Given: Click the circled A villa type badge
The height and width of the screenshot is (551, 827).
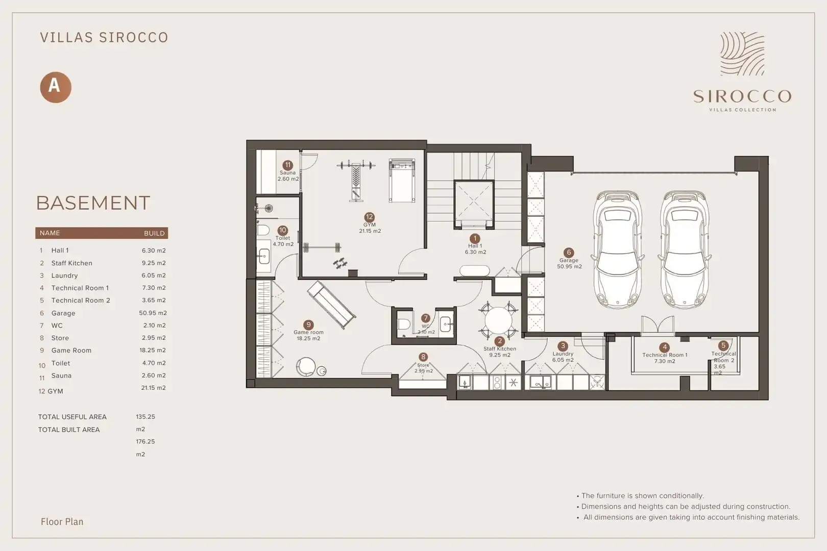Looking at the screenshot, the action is tap(55, 87).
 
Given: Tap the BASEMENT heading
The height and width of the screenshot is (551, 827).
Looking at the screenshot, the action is tap(93, 203).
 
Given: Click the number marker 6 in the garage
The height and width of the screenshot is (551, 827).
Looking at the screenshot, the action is tap(569, 253).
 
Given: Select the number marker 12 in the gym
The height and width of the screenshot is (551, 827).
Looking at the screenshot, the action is tap(369, 217).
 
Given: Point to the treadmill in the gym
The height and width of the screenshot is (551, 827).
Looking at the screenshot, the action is tap(402, 181).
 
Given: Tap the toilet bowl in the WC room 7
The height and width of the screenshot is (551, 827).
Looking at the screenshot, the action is tap(404, 324).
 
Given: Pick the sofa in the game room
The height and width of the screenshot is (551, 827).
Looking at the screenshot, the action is tap(331, 305).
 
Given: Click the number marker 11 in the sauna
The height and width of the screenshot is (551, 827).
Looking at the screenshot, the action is tap(287, 165).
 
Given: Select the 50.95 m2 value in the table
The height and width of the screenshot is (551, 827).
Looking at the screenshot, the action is tap(153, 313).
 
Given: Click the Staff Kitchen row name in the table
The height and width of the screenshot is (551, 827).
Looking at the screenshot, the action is tap(71, 263).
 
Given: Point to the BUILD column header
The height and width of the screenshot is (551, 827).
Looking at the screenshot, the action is tap(154, 233).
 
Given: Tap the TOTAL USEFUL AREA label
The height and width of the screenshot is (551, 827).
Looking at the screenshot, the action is tap(72, 417).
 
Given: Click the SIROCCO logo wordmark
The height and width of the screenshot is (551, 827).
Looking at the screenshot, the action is tap(742, 96).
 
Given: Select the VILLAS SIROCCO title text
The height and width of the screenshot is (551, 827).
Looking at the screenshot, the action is tap(104, 37).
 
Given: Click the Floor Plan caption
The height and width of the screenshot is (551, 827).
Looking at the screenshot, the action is tap(62, 521).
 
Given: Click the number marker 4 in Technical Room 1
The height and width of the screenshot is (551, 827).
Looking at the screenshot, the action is tap(665, 347).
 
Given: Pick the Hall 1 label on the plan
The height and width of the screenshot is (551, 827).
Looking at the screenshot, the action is tap(475, 246).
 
